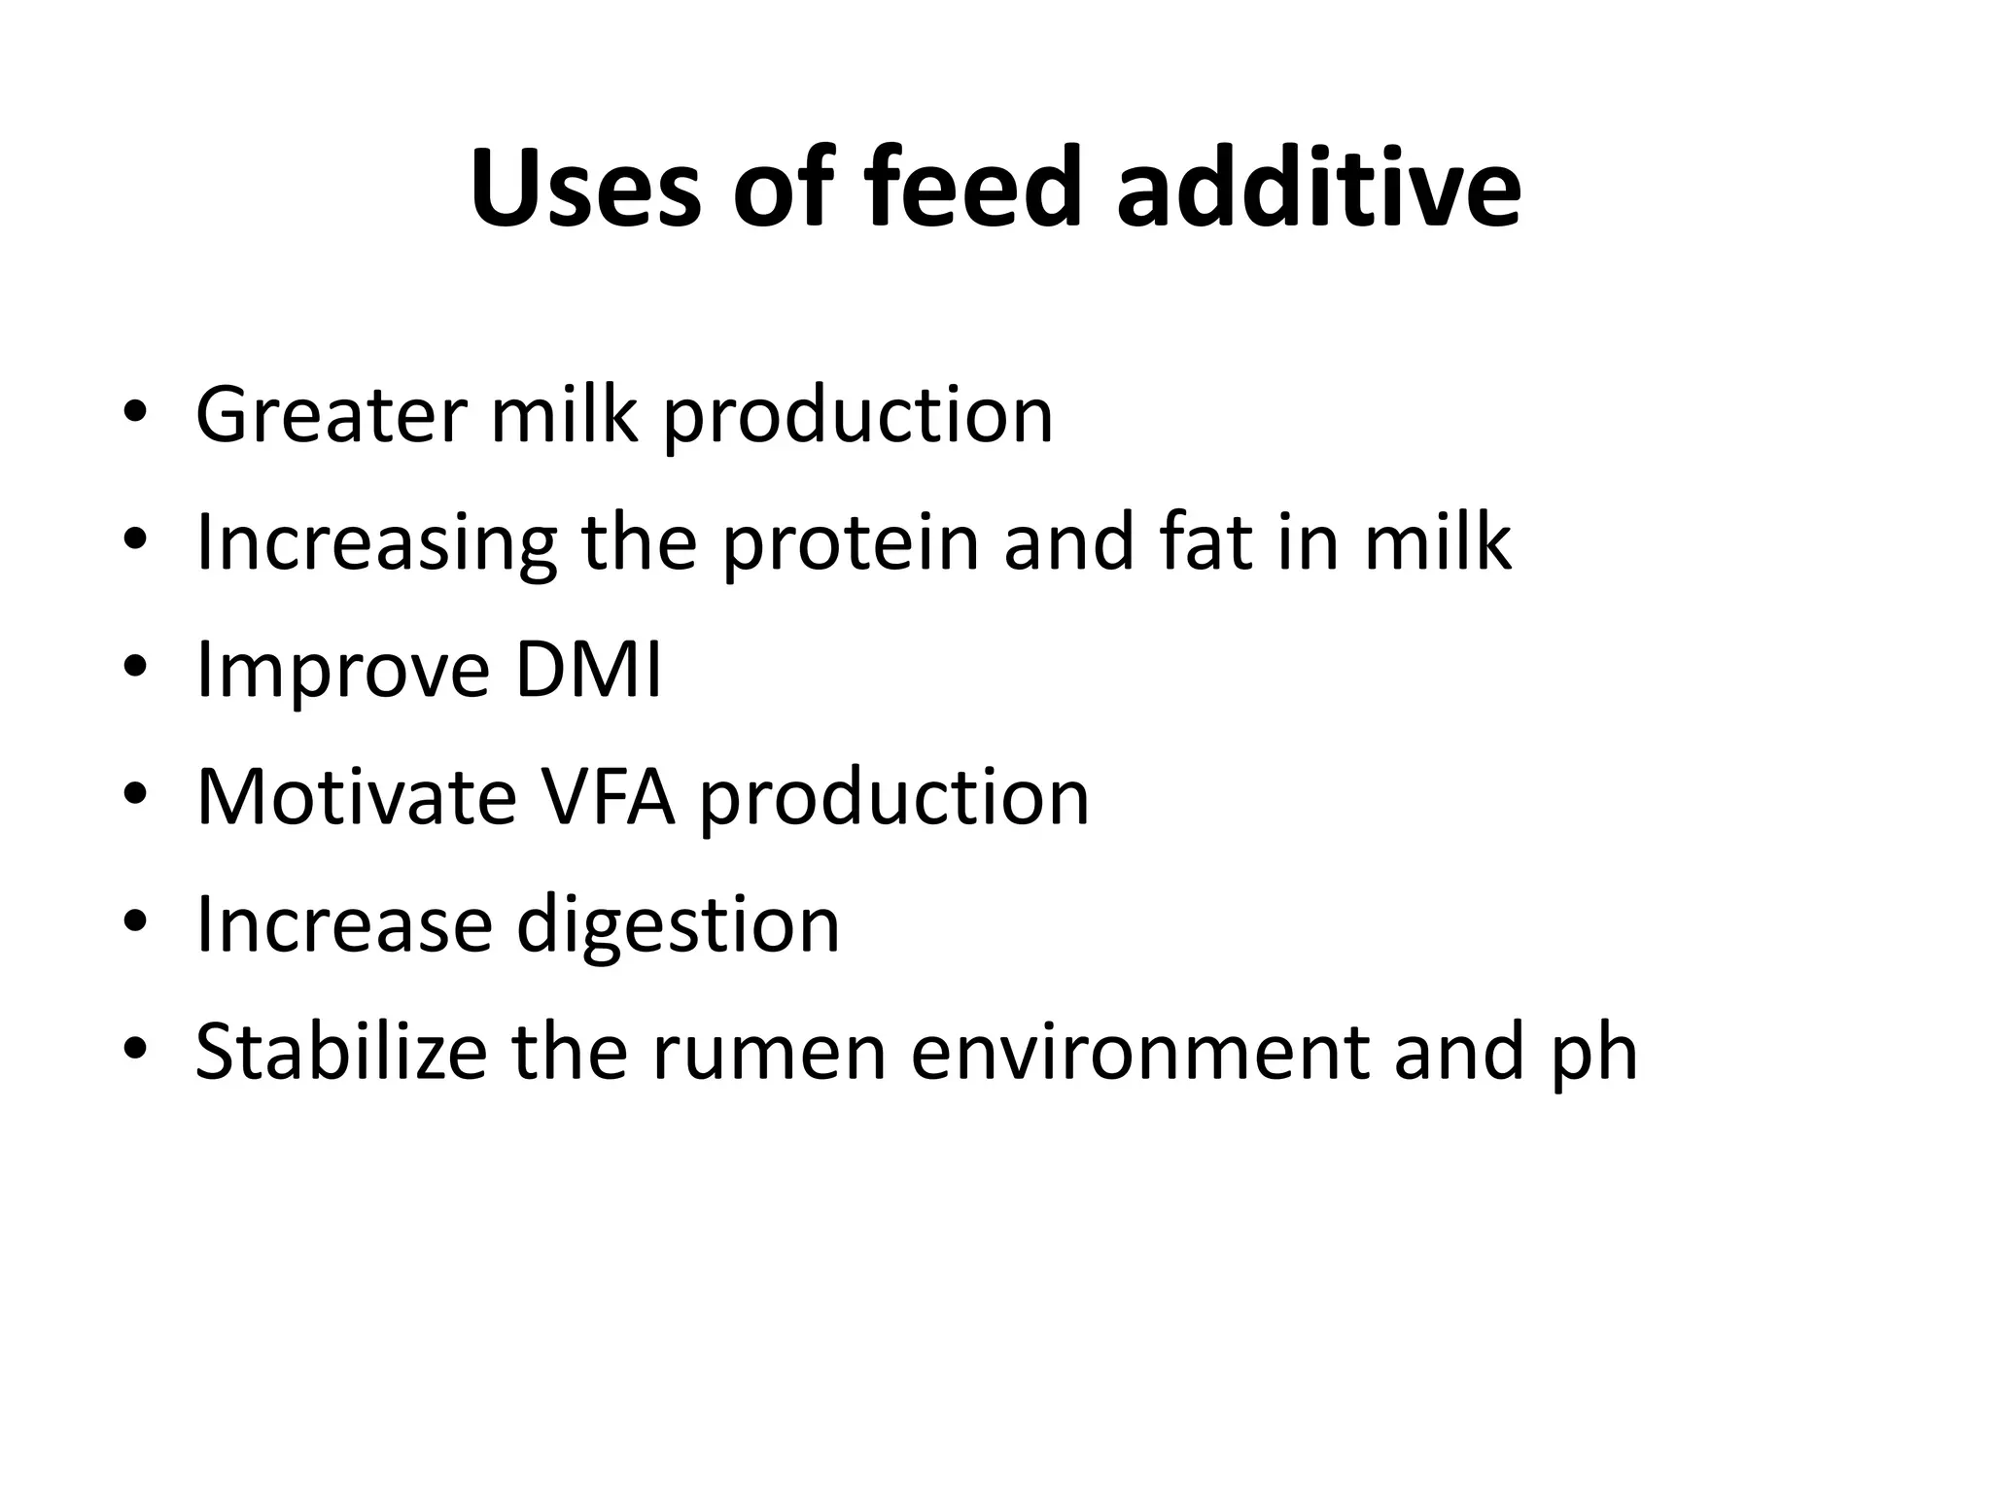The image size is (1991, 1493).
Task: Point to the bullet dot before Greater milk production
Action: pyautogui.click(x=135, y=412)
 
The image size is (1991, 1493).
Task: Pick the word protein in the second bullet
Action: pyautogui.click(x=851, y=544)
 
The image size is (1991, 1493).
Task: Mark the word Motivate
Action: pyautogui.click(x=356, y=797)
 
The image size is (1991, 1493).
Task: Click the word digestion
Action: pyautogui.click(x=678, y=927)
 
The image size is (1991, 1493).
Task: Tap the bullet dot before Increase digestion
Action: pyautogui.click(x=135, y=921)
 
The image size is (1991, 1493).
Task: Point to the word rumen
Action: pyautogui.click(x=769, y=1054)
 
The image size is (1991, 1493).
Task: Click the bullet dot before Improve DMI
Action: pyautogui.click(x=135, y=667)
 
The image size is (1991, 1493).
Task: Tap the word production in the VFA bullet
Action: pyautogui.click(x=893, y=800)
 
